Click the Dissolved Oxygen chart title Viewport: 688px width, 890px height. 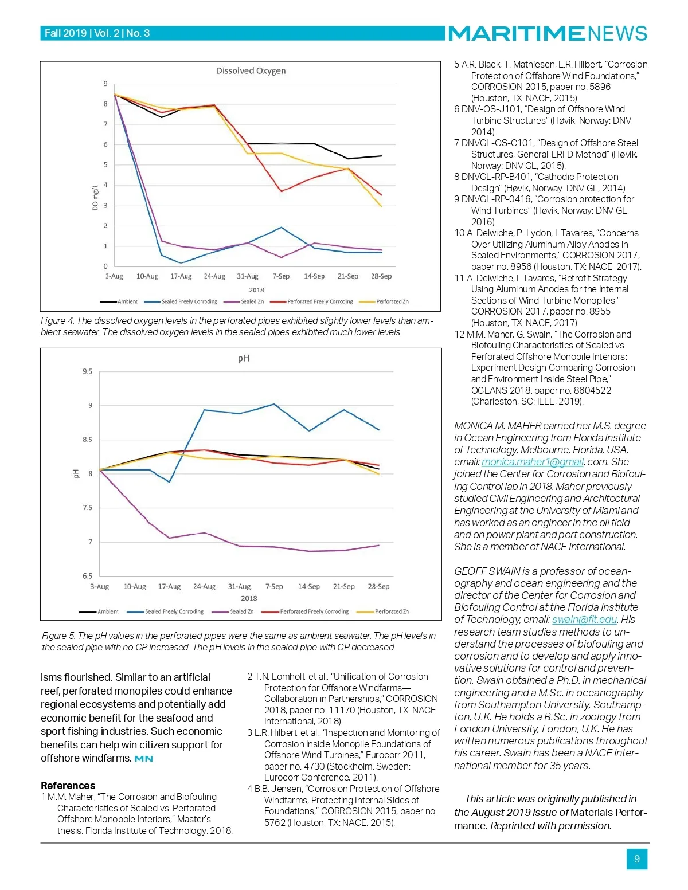pos(251,71)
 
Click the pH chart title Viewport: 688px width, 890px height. pos(244,359)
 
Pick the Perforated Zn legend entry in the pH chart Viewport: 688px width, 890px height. pos(391,611)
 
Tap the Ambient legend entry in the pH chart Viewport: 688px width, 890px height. pos(107,611)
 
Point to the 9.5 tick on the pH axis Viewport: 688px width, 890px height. pos(87,371)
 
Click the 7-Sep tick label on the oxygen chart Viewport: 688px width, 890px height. pos(281,276)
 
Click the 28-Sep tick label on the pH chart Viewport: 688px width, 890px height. pos(378,586)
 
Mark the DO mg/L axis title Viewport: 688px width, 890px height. pos(96,197)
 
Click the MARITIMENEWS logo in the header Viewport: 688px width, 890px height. pos(548,33)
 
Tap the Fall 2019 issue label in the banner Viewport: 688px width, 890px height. pos(65,33)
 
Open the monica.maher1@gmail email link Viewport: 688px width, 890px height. pos(533,462)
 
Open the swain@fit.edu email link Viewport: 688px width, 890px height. pos(584,620)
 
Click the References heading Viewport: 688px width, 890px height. pos(68,786)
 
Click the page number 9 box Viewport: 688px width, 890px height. pos(637,859)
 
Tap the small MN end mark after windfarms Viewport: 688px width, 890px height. pos(144,759)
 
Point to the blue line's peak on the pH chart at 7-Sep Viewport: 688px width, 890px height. pos(274,404)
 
